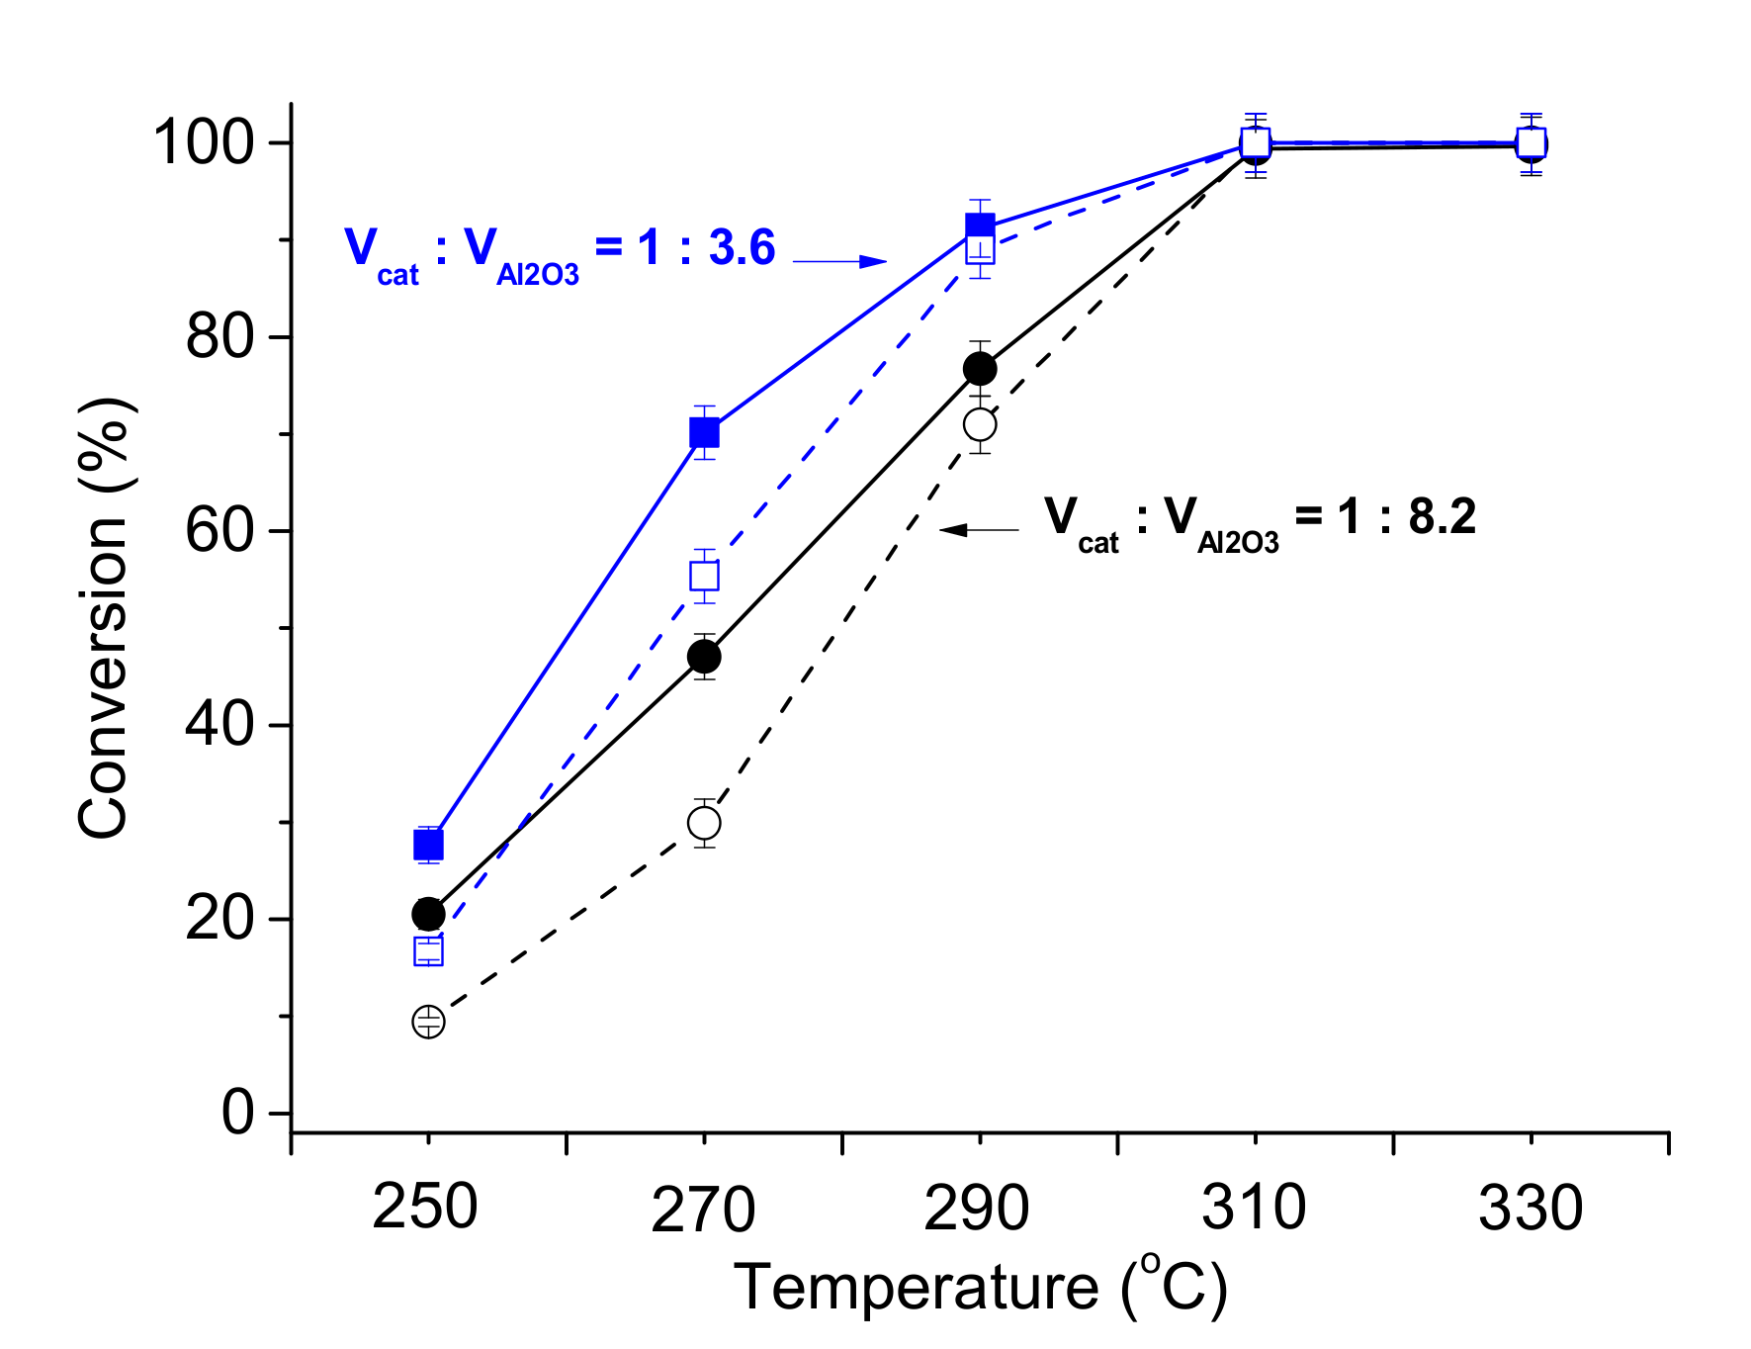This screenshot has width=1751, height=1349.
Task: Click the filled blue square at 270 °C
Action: pyautogui.click(x=704, y=433)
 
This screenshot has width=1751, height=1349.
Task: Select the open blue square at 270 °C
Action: pyautogui.click(x=704, y=576)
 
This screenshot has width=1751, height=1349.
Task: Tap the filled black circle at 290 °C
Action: pyautogui.click(x=980, y=369)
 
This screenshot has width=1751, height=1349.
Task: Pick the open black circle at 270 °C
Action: pyautogui.click(x=704, y=823)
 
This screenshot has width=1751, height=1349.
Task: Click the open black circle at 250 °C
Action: pyautogui.click(x=428, y=1022)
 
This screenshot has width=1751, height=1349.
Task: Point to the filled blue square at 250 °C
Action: pyautogui.click(x=428, y=846)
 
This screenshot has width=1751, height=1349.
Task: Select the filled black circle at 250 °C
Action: pyautogui.click(x=428, y=914)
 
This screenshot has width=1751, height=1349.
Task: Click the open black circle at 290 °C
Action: pyautogui.click(x=980, y=425)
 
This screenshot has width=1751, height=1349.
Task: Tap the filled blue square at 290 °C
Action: pyautogui.click(x=980, y=226)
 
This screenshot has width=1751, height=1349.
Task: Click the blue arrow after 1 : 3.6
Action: pyautogui.click(x=840, y=261)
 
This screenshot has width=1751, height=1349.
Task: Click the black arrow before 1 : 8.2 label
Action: pyautogui.click(x=978, y=530)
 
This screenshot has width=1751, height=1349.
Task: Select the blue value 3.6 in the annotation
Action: pyautogui.click(x=742, y=247)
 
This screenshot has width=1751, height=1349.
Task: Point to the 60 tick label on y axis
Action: pyautogui.click(x=219, y=531)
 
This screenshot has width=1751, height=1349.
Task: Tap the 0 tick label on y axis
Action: pyautogui.click(x=237, y=1113)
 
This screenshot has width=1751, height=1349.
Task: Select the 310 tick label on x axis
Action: pyautogui.click(x=1254, y=1209)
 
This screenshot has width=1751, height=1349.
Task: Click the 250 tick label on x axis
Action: pyautogui.click(x=425, y=1209)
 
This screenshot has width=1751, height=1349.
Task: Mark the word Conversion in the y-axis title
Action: pyautogui.click(x=103, y=677)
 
